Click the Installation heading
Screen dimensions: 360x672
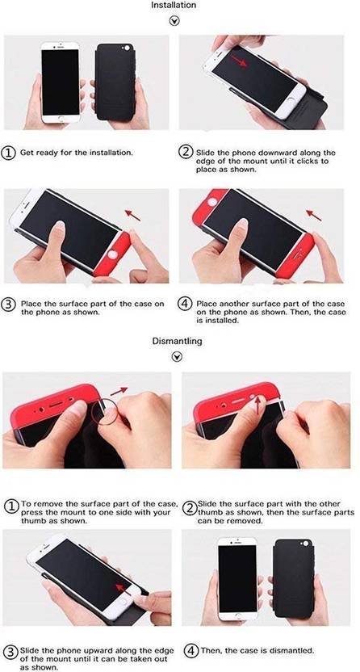pyautogui.click(x=174, y=6)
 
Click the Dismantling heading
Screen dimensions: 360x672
pyautogui.click(x=178, y=341)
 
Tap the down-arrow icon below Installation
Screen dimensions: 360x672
pyautogui.click(x=174, y=21)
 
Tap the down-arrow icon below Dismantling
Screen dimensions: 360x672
pyautogui.click(x=177, y=356)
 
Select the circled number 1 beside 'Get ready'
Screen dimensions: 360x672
pyautogui.click(x=10, y=153)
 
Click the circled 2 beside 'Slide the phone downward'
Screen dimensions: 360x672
pyautogui.click(x=186, y=153)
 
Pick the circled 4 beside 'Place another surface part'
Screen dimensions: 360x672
pyautogui.click(x=185, y=304)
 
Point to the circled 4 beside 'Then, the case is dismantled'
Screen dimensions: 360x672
pyautogui.click(x=192, y=650)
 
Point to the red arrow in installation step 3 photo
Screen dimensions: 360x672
pyautogui.click(x=132, y=215)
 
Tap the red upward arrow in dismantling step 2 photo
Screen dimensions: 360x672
pyautogui.click(x=257, y=404)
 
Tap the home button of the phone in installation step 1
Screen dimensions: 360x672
pyautogui.click(x=61, y=118)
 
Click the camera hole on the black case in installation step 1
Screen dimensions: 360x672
pyautogui.click(x=126, y=48)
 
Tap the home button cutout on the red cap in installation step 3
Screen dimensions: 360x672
pyautogui.click(x=112, y=255)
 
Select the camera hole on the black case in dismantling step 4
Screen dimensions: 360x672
pyautogui.click(x=306, y=543)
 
